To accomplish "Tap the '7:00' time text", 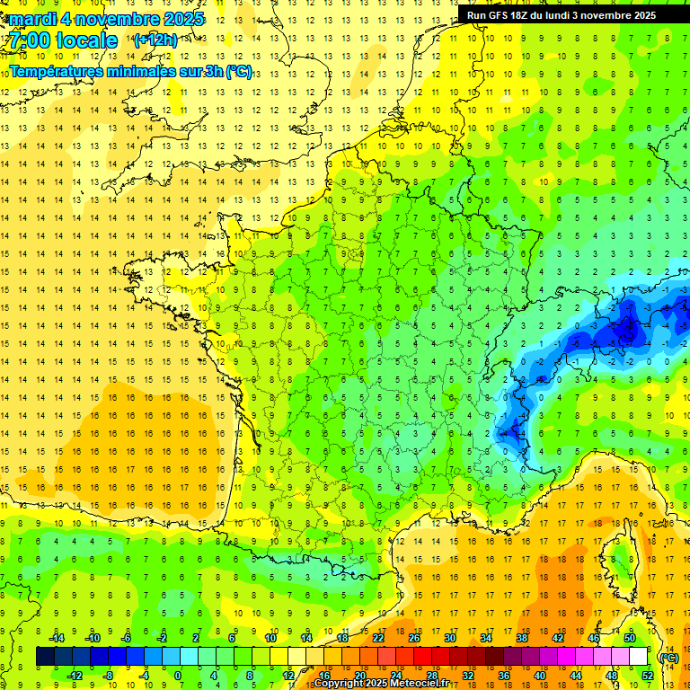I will coord(29,41).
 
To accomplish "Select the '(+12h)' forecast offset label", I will coord(155,40).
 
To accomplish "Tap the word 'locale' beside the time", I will coord(86,41).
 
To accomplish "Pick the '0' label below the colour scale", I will coord(177,676).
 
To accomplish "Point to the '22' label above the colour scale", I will coord(378,638).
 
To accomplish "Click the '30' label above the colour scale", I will coord(449,638).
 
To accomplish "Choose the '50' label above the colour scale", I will coord(630,638).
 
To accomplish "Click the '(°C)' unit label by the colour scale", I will coord(668,658).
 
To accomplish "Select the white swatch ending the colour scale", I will coord(638,657).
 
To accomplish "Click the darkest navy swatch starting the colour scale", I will coord(45,657).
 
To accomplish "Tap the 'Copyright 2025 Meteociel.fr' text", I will coord(381,684).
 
